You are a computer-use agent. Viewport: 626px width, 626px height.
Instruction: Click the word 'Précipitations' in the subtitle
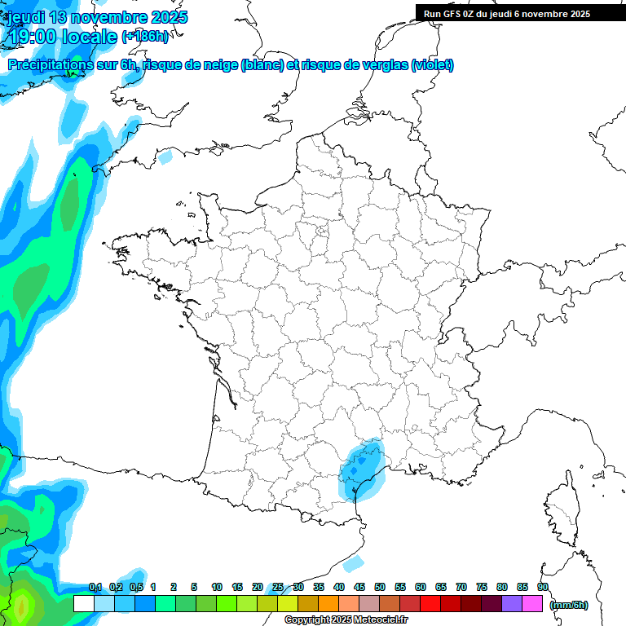[50, 65]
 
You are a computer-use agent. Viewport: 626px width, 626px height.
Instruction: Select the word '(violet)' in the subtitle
[432, 65]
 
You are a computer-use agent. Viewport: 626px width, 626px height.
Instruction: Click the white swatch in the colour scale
[83, 604]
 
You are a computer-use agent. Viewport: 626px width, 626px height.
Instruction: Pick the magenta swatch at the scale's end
[532, 604]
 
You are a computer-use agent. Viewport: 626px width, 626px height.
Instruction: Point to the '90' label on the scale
[542, 588]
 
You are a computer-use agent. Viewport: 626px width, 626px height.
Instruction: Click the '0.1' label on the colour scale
[95, 588]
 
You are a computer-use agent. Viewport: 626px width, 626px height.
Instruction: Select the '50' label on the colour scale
[380, 588]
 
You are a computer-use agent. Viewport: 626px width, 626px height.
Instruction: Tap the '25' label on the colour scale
[278, 588]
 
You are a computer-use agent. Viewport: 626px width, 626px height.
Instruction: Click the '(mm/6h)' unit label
[569, 605]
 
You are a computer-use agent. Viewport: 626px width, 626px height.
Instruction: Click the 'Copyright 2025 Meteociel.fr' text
[346, 620]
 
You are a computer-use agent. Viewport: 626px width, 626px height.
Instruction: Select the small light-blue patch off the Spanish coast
[353, 563]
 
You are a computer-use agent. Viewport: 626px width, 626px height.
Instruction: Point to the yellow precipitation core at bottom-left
[21, 606]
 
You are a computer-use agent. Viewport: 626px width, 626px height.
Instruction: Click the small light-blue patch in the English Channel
[165, 156]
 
